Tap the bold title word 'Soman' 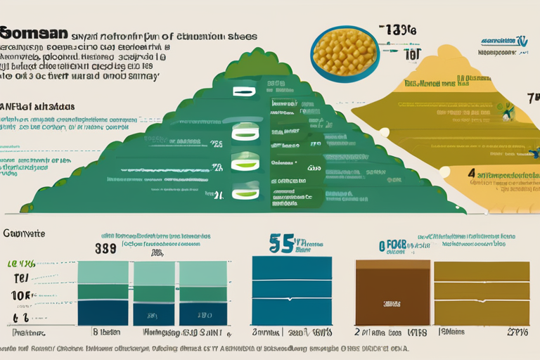(x=34, y=33)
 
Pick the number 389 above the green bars (x=105, y=248)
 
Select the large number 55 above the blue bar (x=282, y=243)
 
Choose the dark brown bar (x=392, y=292)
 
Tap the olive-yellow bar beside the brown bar (x=481, y=292)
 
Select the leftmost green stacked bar (x=103, y=292)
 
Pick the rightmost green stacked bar (x=203, y=292)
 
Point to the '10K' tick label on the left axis (x=20, y=295)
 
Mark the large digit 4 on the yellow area (x=470, y=174)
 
